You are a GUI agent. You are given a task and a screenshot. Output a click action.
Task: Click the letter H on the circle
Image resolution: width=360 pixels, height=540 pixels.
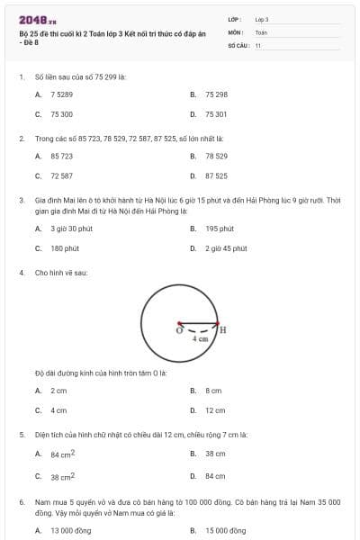pos(222,329)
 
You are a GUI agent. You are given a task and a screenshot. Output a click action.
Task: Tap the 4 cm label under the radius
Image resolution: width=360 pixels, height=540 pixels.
pos(201,339)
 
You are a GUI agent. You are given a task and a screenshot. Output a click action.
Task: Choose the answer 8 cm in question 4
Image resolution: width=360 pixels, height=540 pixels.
pos(213,391)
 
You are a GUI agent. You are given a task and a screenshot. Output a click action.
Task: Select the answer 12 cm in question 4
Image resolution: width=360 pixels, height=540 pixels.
pos(215,410)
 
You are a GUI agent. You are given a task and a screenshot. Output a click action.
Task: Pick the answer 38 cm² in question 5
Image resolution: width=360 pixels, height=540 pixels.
pos(62,476)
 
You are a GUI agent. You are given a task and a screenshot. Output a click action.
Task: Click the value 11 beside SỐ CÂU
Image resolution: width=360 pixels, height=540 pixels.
pos(258,44)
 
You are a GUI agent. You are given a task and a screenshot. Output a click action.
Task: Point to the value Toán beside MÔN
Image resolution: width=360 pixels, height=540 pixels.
pos(261,31)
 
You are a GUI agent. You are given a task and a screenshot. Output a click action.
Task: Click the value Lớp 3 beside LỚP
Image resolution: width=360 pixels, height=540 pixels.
pos(262,18)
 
